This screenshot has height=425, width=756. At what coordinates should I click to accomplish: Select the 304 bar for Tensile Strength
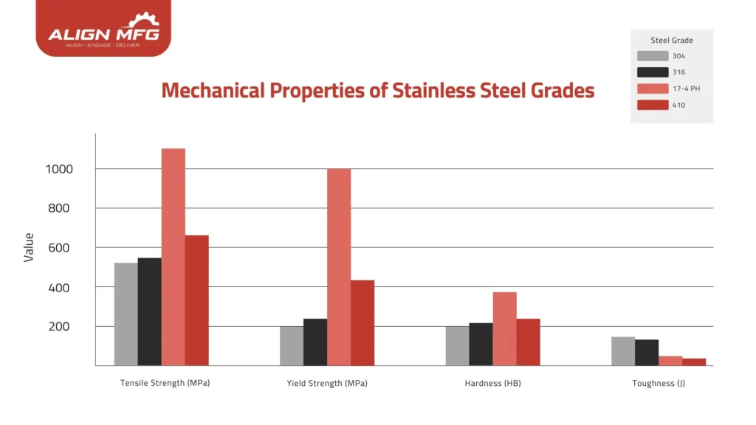tap(126, 314)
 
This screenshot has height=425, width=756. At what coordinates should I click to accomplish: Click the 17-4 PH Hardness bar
tap(504, 328)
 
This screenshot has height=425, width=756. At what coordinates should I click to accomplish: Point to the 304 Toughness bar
tap(623, 350)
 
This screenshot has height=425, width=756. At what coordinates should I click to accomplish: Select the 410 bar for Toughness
tap(694, 362)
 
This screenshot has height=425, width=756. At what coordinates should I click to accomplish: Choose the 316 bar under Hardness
tap(481, 344)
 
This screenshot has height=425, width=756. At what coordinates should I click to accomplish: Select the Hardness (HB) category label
tap(492, 384)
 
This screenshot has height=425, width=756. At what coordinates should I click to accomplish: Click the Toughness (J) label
tap(659, 384)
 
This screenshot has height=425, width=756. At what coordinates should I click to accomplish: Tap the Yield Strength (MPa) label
tap(327, 384)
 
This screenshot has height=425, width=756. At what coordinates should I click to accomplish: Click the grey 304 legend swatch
tap(652, 56)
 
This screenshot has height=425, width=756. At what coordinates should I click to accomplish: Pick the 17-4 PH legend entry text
tap(684, 89)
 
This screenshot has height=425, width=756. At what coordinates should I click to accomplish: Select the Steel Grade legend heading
tap(672, 40)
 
